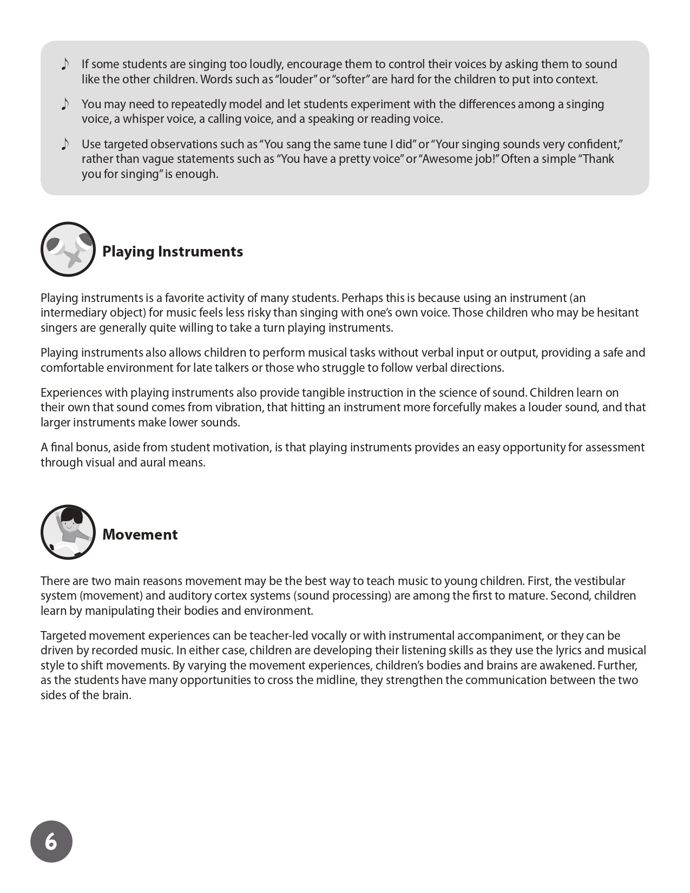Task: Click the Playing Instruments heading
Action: [x=173, y=252]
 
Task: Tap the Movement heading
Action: [x=140, y=535]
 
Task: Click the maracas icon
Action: [x=68, y=249]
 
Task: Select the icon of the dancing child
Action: [x=68, y=532]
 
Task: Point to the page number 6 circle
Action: [x=51, y=842]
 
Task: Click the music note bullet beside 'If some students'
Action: [x=65, y=64]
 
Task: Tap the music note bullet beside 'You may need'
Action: [x=65, y=104]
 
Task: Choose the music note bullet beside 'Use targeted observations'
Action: [x=65, y=144]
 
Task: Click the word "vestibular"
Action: [x=599, y=581]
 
